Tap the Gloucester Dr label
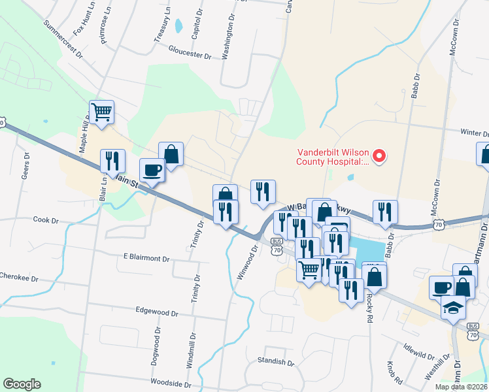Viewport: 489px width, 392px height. click(190, 52)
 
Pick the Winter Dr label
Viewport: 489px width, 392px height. click(474, 133)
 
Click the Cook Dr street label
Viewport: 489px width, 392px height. click(46, 221)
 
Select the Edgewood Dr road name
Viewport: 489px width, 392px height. click(157, 313)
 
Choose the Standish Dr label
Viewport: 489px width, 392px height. click(275, 361)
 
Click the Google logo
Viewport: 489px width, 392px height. click(22, 384)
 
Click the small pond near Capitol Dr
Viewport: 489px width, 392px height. click(178, 25)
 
